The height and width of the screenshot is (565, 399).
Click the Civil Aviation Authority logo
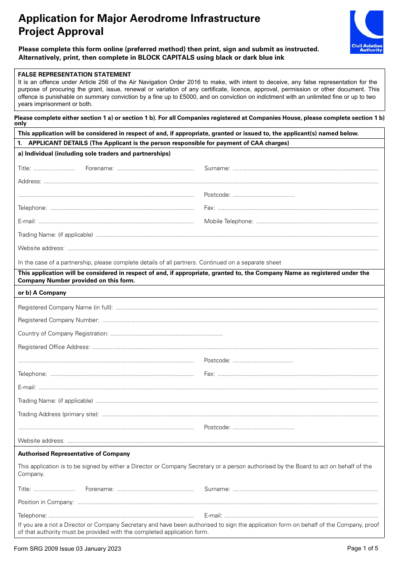tap(367, 32)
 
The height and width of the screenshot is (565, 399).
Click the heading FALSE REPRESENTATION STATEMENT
tap(74, 74)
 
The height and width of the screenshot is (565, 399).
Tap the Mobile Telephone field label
tap(228, 222)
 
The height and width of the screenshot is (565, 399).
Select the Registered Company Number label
tap(58, 320)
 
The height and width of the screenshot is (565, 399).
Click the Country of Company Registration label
tap(63, 334)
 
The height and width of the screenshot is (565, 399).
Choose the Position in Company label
tap(46, 502)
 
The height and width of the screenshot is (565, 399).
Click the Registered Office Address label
tap(54, 347)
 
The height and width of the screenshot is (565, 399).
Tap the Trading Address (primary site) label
tap(58, 415)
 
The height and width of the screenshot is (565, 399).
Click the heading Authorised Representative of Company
tap(74, 454)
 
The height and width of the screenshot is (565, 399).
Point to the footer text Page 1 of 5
tap(362, 548)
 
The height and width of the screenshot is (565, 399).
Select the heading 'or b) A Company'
tap(42, 293)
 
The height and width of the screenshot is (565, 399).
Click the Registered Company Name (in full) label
tap(65, 308)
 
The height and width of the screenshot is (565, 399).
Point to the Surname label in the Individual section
tap(217, 169)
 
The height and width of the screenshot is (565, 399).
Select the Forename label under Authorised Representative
tap(100, 489)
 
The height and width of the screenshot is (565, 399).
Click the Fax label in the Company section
tap(209, 374)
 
